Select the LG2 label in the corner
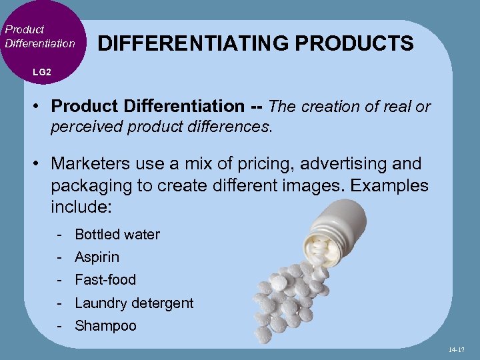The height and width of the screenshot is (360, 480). (41, 71)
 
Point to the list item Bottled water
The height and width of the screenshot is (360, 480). (117, 235)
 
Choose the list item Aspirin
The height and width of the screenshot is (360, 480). (97, 257)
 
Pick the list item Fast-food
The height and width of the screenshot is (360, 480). (105, 280)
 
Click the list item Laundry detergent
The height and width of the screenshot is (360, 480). (134, 303)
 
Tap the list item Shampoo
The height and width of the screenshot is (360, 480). (105, 326)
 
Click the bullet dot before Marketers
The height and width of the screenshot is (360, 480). (39, 164)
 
